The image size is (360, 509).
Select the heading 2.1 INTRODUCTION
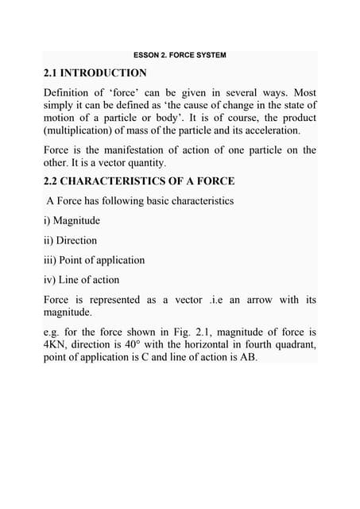click(x=95, y=73)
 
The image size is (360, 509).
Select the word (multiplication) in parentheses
click(x=79, y=130)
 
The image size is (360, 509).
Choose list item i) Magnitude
click(x=72, y=220)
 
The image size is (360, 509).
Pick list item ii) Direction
click(x=71, y=240)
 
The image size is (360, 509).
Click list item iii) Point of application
click(x=95, y=260)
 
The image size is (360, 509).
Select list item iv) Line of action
click(x=85, y=279)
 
